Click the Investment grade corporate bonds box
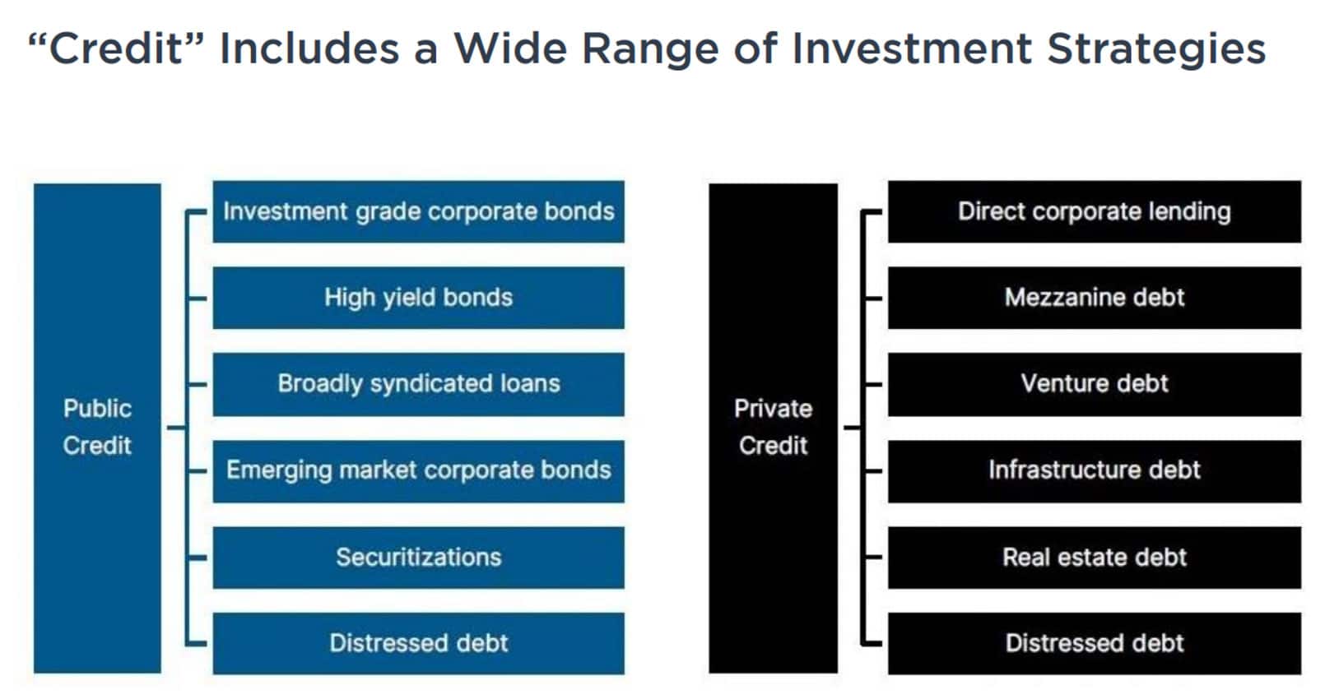418,211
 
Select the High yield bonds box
418,298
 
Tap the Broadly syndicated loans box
418,384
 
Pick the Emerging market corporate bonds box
418,471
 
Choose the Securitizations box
418,558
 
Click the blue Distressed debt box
418,643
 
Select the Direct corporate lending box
1095,211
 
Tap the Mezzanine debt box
1095,298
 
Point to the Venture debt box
1095,384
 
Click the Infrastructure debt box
1095,471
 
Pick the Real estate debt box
1095,558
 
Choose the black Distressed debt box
1095,643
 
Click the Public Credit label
98,427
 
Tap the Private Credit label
773,427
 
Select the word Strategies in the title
1156,50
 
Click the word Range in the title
650,50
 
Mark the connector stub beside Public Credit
176,427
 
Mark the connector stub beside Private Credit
852,427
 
